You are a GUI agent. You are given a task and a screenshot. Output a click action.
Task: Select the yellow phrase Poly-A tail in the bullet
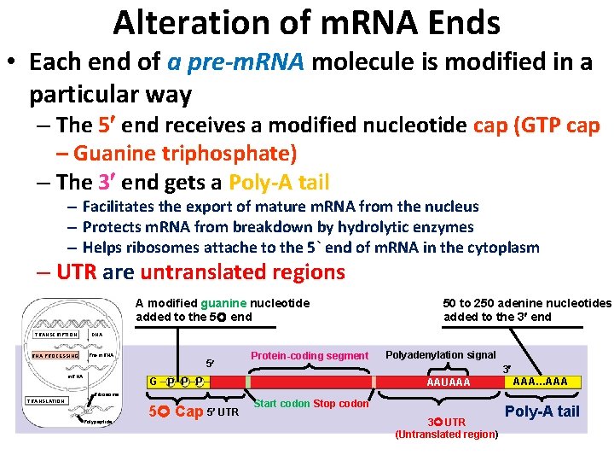pyautogui.click(x=278, y=183)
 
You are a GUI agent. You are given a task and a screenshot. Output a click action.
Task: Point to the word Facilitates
pyautogui.click(x=127, y=207)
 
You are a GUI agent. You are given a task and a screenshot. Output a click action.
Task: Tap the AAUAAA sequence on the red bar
pyautogui.click(x=448, y=382)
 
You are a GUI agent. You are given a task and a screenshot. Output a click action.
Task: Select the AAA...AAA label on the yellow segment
pyautogui.click(x=545, y=382)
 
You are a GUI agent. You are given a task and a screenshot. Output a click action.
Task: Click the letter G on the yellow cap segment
pyautogui.click(x=153, y=382)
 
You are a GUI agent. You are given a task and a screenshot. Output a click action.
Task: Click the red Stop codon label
pyautogui.click(x=341, y=403)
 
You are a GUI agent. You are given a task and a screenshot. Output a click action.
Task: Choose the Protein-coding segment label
pyautogui.click(x=309, y=355)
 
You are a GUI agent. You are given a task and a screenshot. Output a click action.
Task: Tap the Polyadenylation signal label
pyautogui.click(x=441, y=354)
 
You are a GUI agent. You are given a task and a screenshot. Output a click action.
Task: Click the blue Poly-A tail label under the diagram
pyautogui.click(x=542, y=411)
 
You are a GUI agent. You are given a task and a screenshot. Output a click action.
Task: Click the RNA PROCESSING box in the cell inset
pyautogui.click(x=55, y=355)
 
